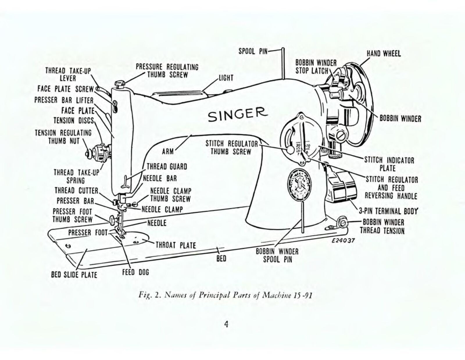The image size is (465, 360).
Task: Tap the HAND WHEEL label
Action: (384, 54)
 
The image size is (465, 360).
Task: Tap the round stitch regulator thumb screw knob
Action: (290, 150)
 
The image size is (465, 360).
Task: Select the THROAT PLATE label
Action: (176, 245)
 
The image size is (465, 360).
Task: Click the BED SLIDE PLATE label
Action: (74, 275)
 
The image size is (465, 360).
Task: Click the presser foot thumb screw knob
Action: (112, 220)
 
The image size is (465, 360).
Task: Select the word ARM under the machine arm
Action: (168, 151)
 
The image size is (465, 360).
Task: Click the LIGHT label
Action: (226, 78)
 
